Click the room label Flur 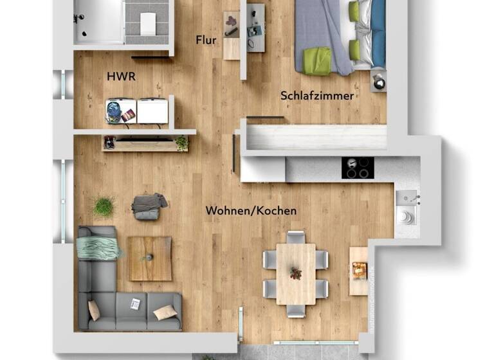(206, 40)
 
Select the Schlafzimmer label (317, 96)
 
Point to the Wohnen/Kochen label (251, 210)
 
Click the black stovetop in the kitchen (357, 168)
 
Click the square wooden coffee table (149, 258)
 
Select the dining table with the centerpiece (295, 273)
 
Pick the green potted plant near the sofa (103, 206)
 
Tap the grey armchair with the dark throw (148, 206)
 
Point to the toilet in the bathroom (148, 24)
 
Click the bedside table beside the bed (379, 82)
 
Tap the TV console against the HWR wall (145, 143)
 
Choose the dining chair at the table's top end (296, 237)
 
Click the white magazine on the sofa (135, 303)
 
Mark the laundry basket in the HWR (116, 111)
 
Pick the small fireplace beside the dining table (358, 271)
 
